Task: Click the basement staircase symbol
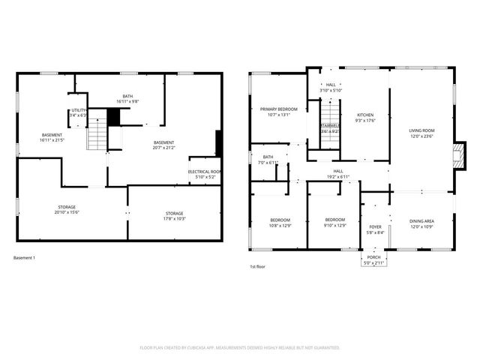click(98, 136)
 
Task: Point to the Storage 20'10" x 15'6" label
click(67, 210)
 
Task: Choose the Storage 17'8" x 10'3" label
click(174, 216)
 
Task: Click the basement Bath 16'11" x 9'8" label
click(128, 98)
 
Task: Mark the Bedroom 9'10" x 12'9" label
click(334, 223)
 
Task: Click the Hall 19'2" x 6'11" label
click(338, 173)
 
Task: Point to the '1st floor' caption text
click(258, 266)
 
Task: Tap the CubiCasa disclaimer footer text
click(240, 347)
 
